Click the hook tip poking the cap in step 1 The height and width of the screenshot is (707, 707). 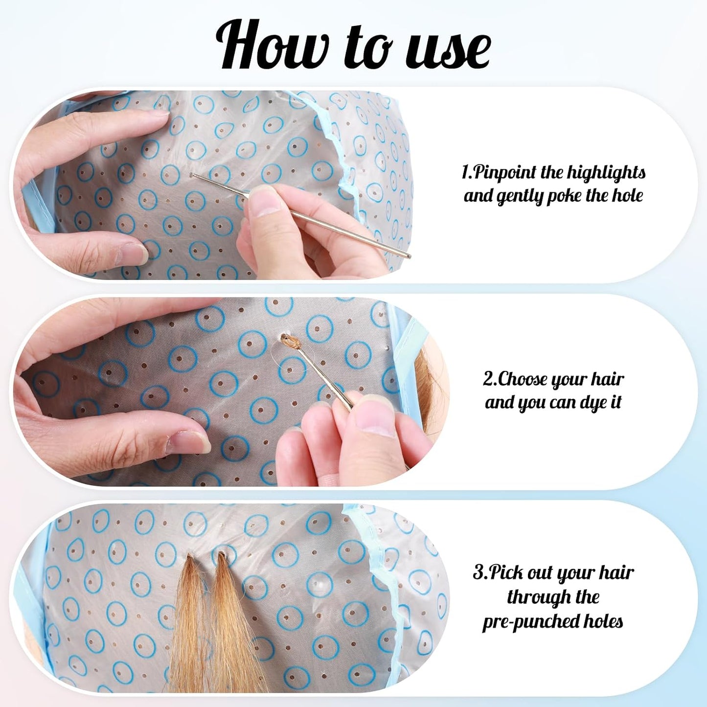pos(191,175)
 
